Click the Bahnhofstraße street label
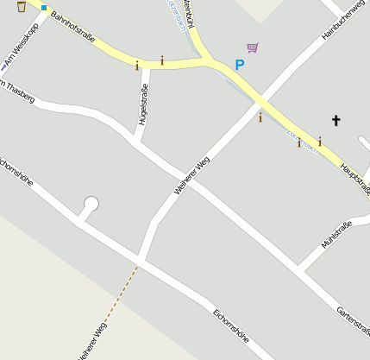(72, 28)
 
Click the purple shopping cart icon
(252, 47)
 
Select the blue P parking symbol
(240, 65)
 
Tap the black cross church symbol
(336, 121)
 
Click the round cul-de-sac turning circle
(91, 205)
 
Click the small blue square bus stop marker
(44, 8)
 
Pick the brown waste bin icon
(21, 7)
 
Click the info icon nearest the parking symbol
(260, 117)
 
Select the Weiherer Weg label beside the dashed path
(91, 341)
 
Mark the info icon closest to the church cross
(319, 141)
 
